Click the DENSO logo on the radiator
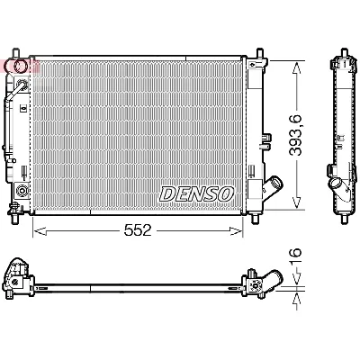(197, 193)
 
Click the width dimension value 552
(137, 232)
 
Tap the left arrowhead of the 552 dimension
(37, 231)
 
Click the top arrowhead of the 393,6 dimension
(295, 65)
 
